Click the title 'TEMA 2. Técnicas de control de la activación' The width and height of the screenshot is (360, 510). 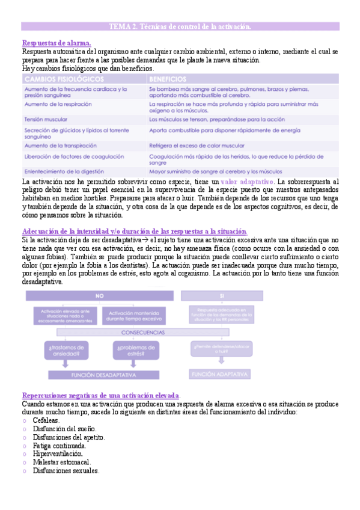tap(180, 27)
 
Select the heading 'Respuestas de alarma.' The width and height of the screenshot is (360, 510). tap(56, 43)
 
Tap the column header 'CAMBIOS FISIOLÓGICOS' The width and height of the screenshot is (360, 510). tap(58, 79)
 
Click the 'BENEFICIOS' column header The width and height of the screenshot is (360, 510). tap(168, 79)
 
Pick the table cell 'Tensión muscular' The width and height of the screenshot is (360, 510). tap(46, 119)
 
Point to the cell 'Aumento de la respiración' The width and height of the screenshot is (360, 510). tap(58, 104)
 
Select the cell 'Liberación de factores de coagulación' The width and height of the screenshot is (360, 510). tap(74, 156)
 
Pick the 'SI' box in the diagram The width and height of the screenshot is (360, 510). tap(222, 296)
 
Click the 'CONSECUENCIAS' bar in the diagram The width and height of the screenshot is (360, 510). tap(143, 332)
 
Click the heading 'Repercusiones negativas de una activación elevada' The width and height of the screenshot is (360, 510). tap(100, 396)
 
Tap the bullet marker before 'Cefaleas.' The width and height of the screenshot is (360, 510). tap(25, 420)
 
